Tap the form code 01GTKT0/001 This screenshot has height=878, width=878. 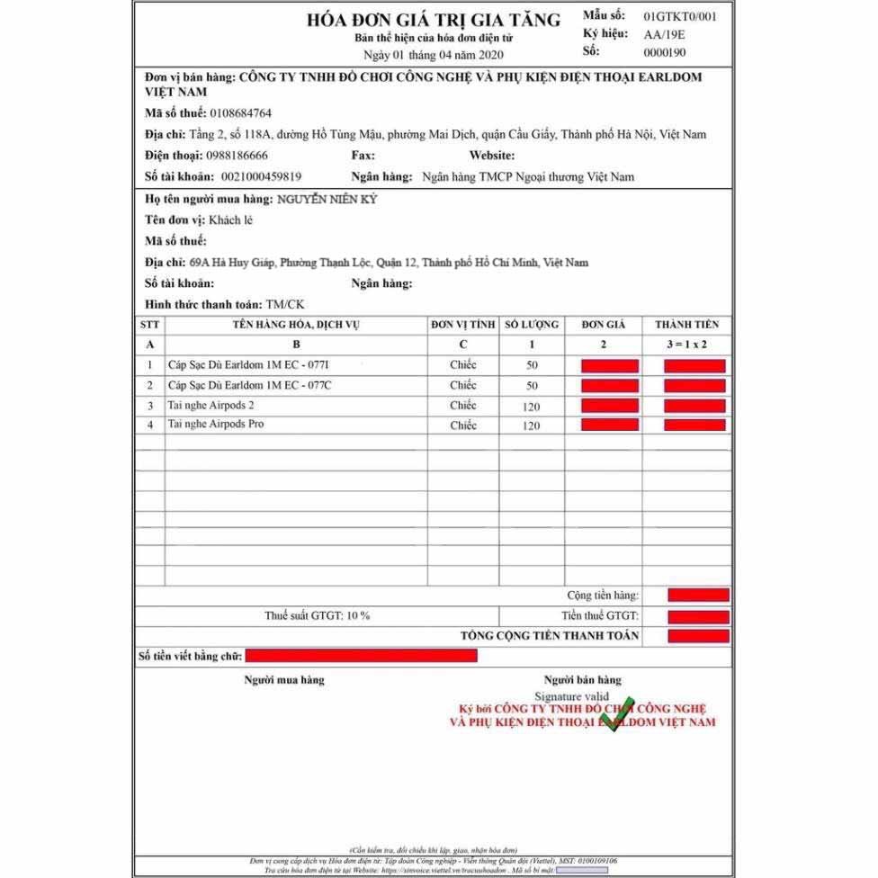[x=681, y=16]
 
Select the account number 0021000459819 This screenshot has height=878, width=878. [x=261, y=176]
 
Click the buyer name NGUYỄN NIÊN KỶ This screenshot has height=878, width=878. [x=327, y=198]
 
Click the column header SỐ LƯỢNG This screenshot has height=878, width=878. [x=531, y=324]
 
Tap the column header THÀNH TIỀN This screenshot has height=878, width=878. [x=686, y=324]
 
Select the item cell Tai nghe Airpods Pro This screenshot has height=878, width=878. [x=216, y=424]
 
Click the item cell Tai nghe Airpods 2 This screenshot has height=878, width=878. [x=211, y=405]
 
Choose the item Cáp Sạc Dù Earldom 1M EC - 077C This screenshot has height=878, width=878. [x=249, y=385]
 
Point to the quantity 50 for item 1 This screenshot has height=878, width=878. [x=531, y=365]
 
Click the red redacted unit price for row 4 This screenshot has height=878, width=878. [x=610, y=425]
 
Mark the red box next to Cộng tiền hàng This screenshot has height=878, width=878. [x=698, y=595]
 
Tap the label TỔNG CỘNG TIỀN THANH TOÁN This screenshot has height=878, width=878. [x=550, y=635]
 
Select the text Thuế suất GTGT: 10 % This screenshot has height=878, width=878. [x=317, y=615]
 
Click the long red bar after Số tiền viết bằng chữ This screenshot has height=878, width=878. [x=361, y=656]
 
